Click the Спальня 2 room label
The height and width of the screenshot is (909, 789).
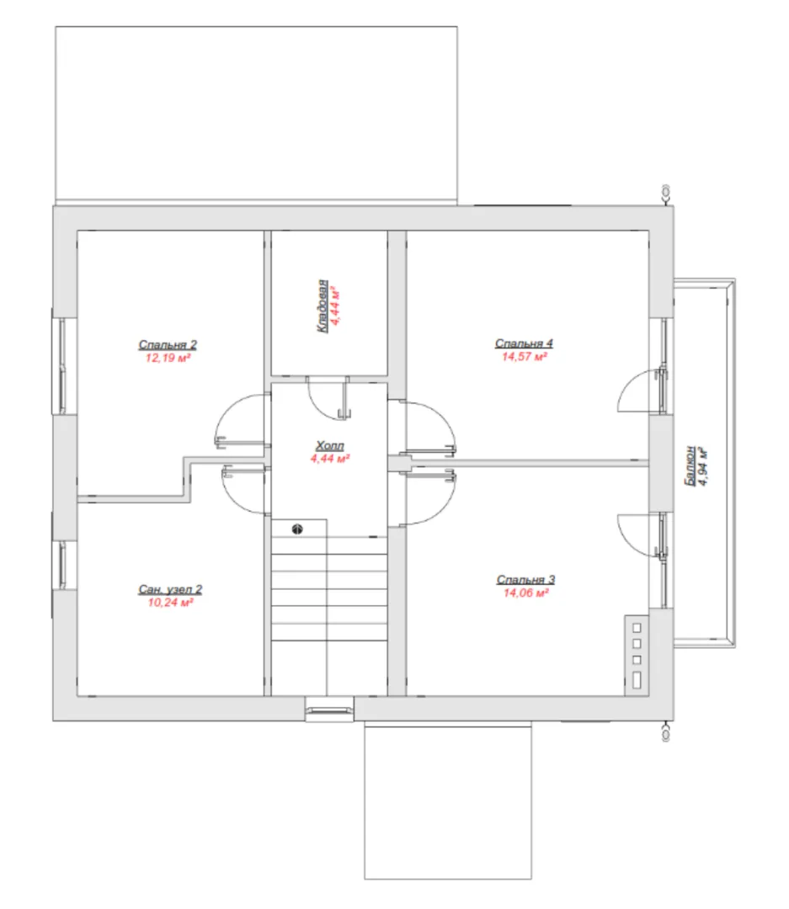(168, 344)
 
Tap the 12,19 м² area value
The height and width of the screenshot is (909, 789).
(168, 359)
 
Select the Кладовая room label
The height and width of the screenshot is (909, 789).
(322, 306)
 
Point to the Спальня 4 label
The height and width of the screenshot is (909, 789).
(524, 343)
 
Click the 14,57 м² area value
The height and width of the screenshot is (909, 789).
(525, 357)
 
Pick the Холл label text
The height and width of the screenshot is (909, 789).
(329, 445)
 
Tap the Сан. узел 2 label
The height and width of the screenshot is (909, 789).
(170, 589)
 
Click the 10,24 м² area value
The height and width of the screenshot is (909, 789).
(170, 603)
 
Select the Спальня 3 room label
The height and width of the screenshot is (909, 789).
(525, 579)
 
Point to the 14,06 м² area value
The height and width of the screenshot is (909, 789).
(526, 593)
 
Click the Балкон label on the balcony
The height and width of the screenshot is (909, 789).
(689, 465)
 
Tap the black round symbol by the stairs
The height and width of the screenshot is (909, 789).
(297, 529)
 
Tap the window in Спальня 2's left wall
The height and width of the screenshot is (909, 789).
(61, 366)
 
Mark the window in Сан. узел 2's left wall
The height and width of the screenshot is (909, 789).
(61, 566)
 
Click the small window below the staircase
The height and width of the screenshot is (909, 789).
(329, 710)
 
